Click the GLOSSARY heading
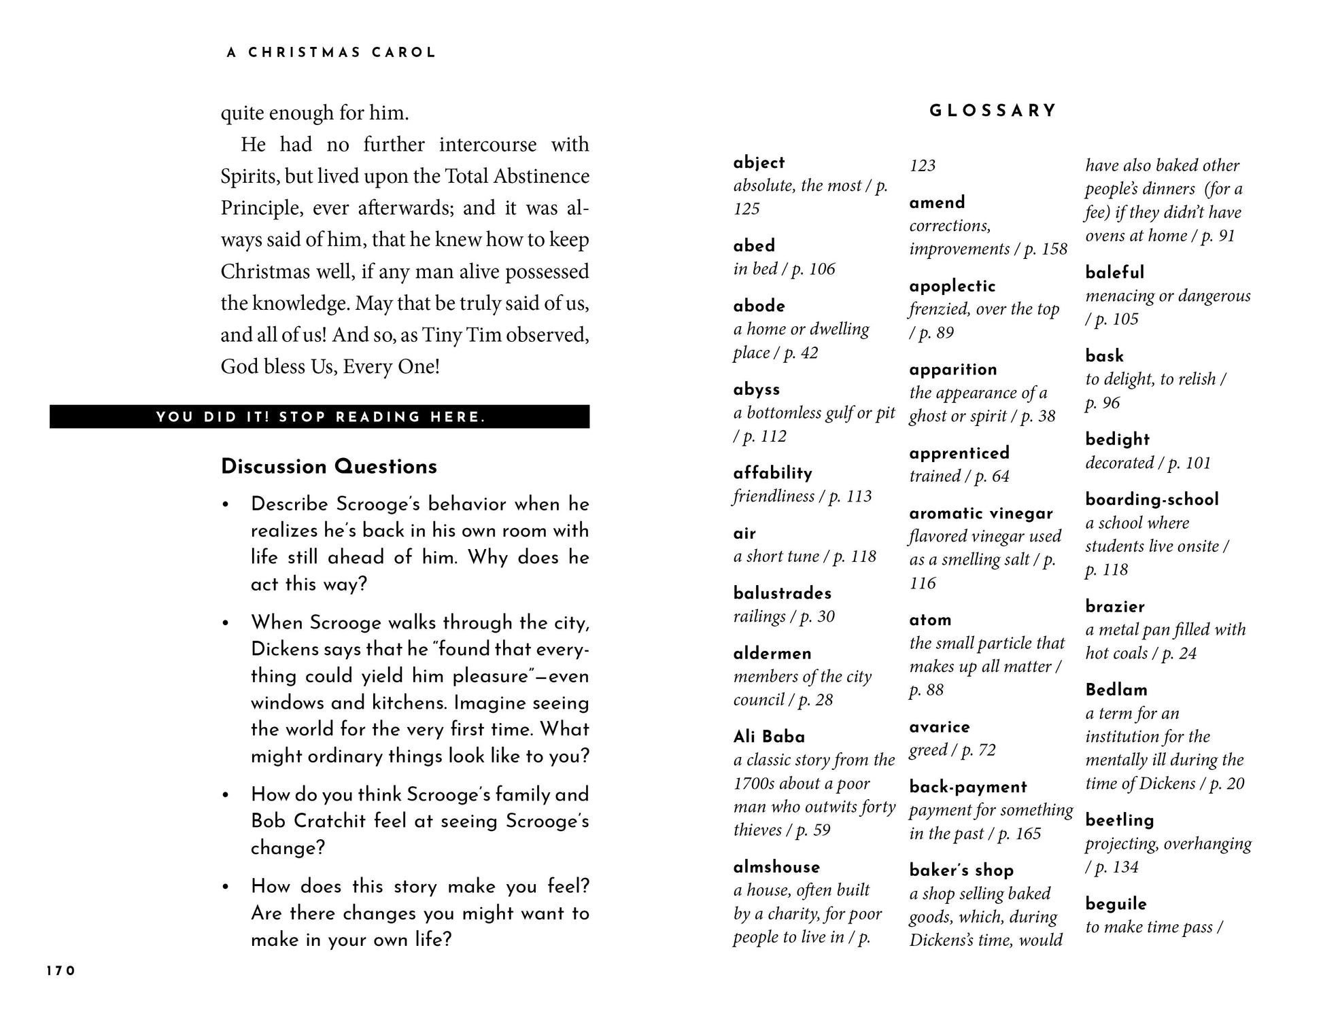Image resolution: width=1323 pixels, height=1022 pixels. pos(993,111)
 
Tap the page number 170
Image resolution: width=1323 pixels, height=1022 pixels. pos(61,971)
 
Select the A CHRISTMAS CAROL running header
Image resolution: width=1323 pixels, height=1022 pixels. pos(331,53)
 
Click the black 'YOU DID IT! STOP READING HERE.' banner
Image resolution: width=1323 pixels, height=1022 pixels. pos(320,417)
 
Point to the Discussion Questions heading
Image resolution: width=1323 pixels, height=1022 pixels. pos(329,467)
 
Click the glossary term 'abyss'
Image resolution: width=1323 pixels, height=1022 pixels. pos(757,389)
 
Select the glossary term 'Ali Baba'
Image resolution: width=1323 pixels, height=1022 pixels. pos(769,737)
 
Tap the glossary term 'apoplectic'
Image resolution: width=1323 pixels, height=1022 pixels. pos(952,286)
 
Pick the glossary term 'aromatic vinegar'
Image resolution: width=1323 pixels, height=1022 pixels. pos(980,514)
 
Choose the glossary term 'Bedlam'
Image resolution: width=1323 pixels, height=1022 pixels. pos(1116,690)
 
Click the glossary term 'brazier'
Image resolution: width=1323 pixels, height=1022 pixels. pos(1115,606)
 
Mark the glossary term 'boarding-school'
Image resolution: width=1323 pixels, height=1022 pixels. pos(1152,499)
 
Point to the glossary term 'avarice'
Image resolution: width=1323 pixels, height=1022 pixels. pos(939,727)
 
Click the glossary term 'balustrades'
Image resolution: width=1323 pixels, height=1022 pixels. pos(782,593)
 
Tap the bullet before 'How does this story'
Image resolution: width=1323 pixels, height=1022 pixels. pos(226,887)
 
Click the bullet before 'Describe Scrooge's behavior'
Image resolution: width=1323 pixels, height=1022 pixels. pos(226,505)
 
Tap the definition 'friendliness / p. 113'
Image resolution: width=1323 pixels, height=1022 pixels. pos(802,496)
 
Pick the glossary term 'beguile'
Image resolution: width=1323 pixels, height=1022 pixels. pos(1116,904)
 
